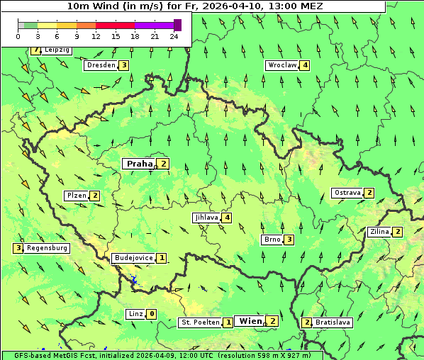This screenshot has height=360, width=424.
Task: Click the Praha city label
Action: [x=139, y=164]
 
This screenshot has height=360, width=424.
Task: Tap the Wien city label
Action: [x=250, y=321]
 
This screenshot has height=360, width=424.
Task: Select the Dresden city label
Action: [x=100, y=65]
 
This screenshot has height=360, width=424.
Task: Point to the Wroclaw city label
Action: [x=281, y=65]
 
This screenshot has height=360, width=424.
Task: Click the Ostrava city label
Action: [x=347, y=193]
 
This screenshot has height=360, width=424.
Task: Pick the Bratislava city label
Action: [x=333, y=322]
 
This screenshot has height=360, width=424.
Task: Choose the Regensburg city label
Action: [x=48, y=248]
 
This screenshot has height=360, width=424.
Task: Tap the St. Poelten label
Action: [x=200, y=322]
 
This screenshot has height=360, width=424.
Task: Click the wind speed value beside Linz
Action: [x=152, y=314]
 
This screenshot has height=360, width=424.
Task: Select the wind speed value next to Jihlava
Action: [x=227, y=218]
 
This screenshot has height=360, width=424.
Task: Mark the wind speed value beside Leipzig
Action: [x=35, y=50]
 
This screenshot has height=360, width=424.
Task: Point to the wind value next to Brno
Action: [x=289, y=240]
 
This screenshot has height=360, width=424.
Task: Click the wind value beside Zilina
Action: [x=398, y=232]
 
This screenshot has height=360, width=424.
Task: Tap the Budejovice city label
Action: [x=133, y=258]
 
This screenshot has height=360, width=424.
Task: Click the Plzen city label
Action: [x=76, y=196]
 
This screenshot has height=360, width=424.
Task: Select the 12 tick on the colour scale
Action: [x=95, y=35]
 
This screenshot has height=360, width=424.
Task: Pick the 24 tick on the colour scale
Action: [x=174, y=35]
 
